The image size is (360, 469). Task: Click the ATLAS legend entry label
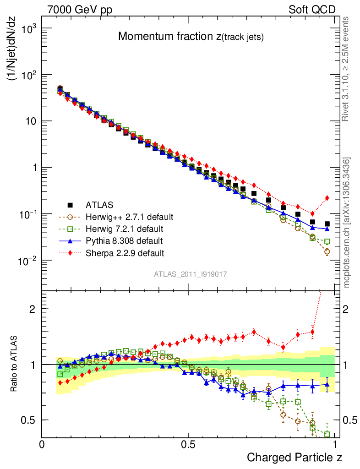click(99, 205)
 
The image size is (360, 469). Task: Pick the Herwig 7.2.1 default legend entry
click(124, 229)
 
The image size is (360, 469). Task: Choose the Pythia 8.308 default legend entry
click(124, 240)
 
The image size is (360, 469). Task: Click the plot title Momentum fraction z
click(191, 37)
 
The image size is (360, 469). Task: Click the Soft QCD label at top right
click(312, 10)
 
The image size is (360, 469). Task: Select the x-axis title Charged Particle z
click(295, 457)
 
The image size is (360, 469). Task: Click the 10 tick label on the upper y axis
click(29, 121)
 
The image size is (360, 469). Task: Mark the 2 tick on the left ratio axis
click(31, 309)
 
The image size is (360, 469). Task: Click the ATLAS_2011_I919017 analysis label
click(191, 274)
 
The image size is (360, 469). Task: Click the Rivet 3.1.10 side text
click(346, 69)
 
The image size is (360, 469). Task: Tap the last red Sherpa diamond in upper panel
click(327, 198)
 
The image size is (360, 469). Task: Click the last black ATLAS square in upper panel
click(327, 224)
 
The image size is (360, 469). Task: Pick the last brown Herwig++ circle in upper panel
click(327, 251)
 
